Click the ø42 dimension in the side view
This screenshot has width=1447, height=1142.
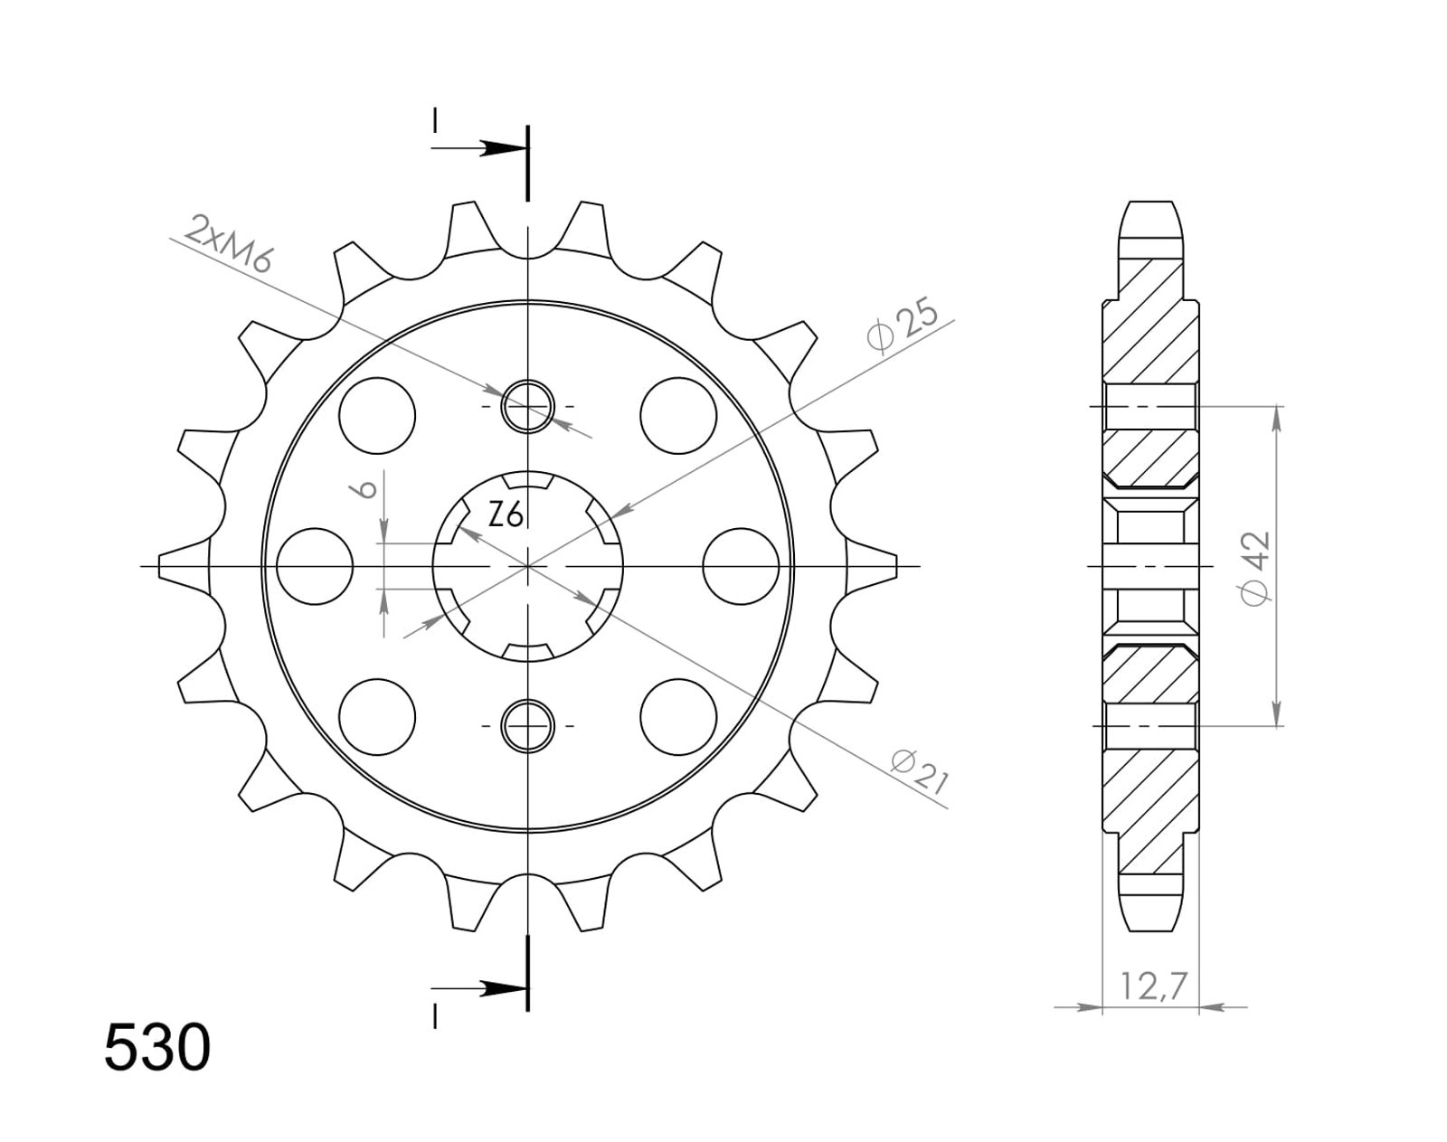point(1255,569)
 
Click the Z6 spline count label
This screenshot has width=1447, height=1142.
point(506,516)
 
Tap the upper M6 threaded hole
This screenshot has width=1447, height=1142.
point(528,406)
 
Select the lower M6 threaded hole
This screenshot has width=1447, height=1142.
point(528,725)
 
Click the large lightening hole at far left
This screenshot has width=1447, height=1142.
point(314,566)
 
